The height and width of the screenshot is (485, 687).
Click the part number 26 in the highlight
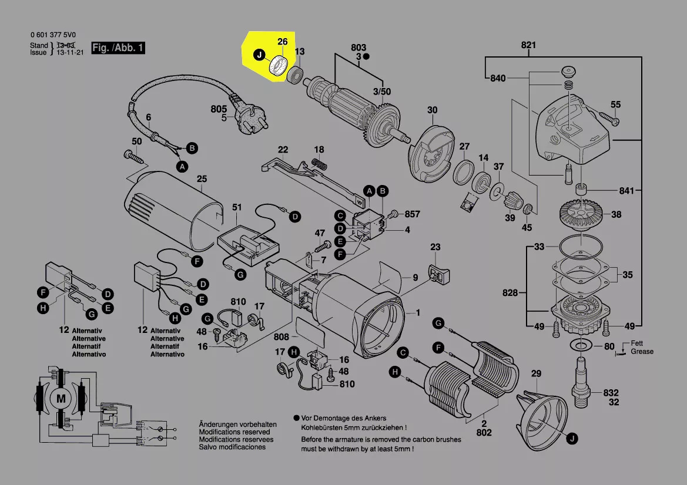[283, 42]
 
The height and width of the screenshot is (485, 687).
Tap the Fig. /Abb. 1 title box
[118, 48]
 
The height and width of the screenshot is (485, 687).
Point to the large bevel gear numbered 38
[581, 214]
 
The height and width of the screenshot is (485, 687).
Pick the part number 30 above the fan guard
[432, 110]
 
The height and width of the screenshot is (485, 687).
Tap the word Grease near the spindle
[642, 351]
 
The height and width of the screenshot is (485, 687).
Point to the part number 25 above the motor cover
[202, 178]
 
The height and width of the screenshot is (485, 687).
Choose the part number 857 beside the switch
[413, 214]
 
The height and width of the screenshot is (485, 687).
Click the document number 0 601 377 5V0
[53, 35]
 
